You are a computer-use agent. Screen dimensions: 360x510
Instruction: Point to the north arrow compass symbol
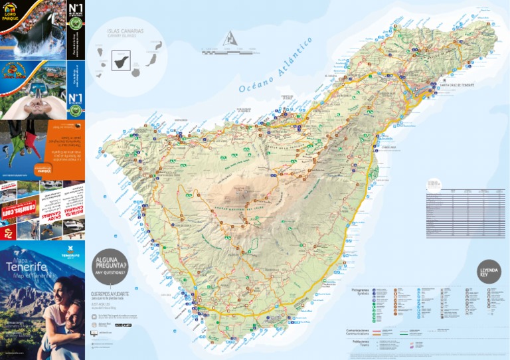click(x=230, y=39)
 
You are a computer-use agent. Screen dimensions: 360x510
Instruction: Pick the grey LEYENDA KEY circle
click(x=489, y=272)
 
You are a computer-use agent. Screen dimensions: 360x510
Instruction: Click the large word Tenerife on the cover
click(x=27, y=267)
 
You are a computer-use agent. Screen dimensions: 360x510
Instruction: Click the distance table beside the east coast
click(x=465, y=213)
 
